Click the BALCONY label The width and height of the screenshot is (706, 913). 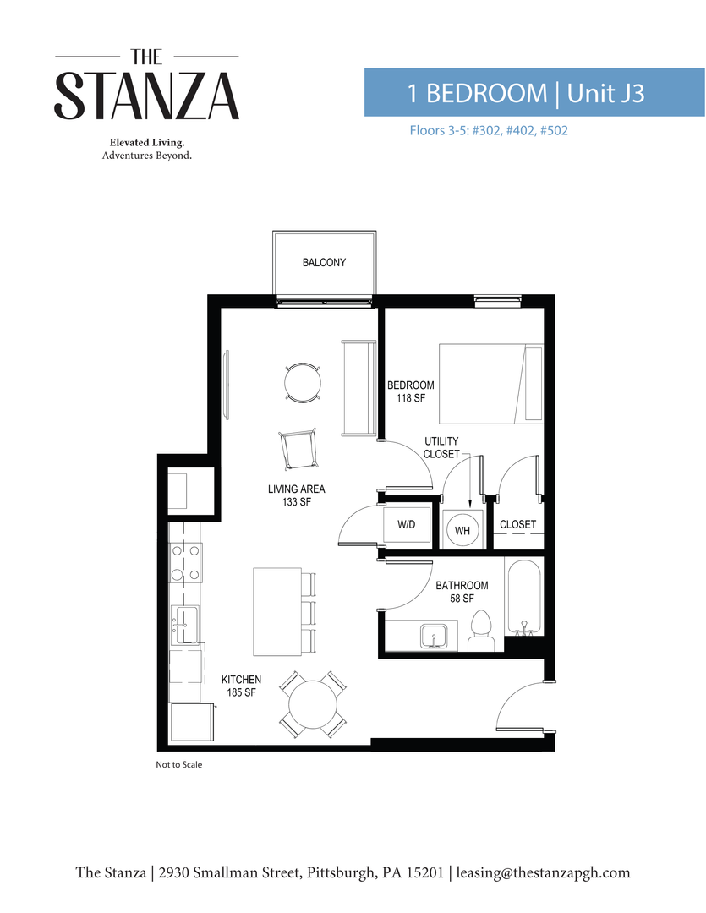pyautogui.click(x=324, y=263)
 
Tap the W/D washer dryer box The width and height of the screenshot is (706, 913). pyautogui.click(x=406, y=525)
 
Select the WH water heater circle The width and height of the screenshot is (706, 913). pyautogui.click(x=462, y=530)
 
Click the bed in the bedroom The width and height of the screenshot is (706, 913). pyautogui.click(x=490, y=384)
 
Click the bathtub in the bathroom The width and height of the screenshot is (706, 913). pyautogui.click(x=523, y=597)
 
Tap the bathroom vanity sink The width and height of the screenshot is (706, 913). pyautogui.click(x=437, y=636)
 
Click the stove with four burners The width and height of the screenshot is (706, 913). pyautogui.click(x=185, y=562)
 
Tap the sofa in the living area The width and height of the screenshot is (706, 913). pyautogui.click(x=358, y=388)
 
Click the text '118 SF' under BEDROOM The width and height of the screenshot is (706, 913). pyautogui.click(x=410, y=398)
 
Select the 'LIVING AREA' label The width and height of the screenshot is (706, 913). pyautogui.click(x=296, y=489)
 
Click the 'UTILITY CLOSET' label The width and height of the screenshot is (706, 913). pyautogui.click(x=441, y=447)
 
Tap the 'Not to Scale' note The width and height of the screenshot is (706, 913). pyautogui.click(x=178, y=764)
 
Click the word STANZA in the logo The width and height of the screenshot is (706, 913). pyautogui.click(x=147, y=96)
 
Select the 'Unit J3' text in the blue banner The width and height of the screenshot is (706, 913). pyautogui.click(x=605, y=93)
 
